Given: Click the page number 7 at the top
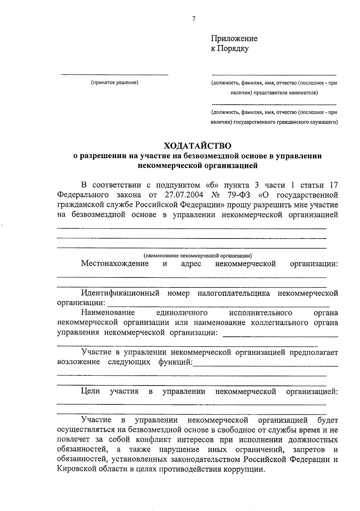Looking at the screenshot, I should (x=193, y=19).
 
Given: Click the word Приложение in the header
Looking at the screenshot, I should (x=234, y=39).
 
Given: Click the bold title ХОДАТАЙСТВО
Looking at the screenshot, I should (x=198, y=146).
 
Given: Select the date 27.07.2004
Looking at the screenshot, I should (x=184, y=195).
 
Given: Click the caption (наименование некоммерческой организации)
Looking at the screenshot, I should (x=198, y=256).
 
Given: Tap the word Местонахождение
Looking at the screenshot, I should (x=115, y=264).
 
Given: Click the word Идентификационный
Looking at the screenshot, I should (x=120, y=293).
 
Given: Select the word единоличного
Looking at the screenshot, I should (x=182, y=313).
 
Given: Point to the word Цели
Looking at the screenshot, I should (x=90, y=391).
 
